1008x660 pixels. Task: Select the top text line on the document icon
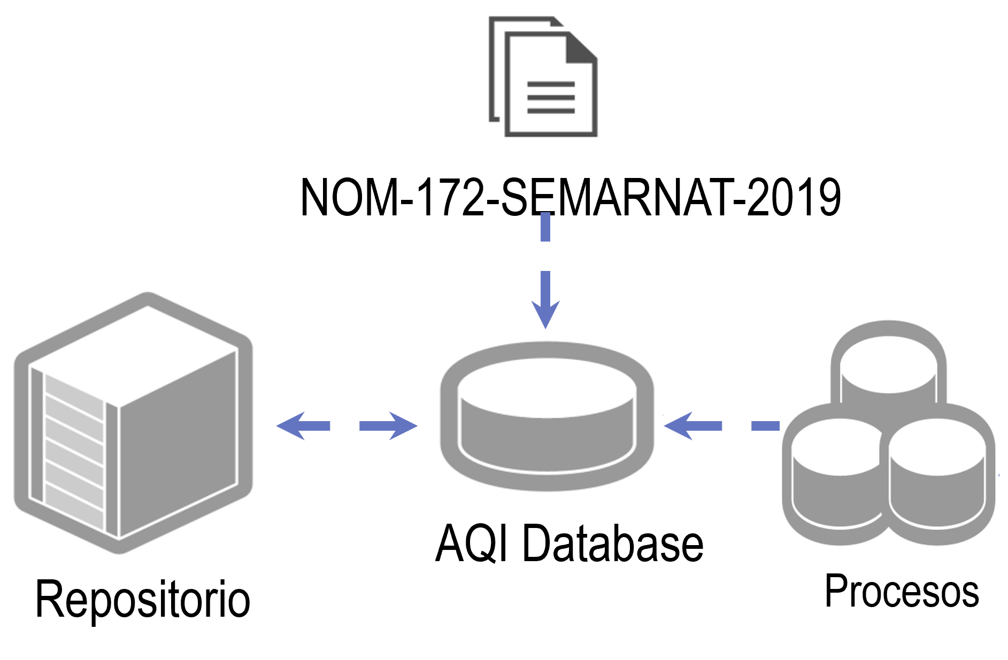tap(551, 84)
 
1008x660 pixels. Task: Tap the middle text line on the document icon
tap(551, 97)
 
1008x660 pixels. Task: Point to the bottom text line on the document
tap(551, 111)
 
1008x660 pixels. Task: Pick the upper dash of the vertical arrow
tap(545, 227)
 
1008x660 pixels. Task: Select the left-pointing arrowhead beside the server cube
tap(292, 426)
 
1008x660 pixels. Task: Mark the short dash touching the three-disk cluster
tap(765, 426)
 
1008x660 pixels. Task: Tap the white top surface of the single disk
tap(547, 387)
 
